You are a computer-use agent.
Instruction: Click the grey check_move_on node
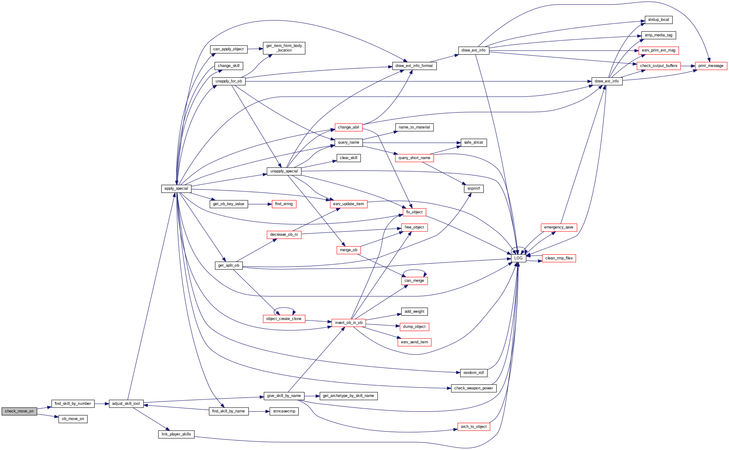[x=19, y=411]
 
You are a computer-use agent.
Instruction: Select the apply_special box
[x=176, y=188]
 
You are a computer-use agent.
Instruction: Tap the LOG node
[x=518, y=258]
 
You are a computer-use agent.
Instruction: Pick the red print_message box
[x=711, y=66]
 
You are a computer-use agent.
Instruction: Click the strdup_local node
[x=658, y=20]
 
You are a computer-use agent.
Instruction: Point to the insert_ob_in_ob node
[x=348, y=323]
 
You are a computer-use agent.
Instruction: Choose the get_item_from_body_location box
[x=284, y=48]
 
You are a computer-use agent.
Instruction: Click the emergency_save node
[x=559, y=227]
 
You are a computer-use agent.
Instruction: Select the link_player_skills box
[x=176, y=434]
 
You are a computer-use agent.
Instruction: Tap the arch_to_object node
[x=473, y=427]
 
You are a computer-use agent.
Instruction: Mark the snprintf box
[x=473, y=188]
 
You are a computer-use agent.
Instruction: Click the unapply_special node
[x=284, y=171]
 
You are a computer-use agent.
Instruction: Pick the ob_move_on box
[x=73, y=419]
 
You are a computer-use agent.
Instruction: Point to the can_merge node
[x=414, y=281]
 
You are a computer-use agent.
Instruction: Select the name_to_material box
[x=414, y=127]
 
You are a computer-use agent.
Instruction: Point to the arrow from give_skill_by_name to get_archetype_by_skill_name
[x=312, y=396]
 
